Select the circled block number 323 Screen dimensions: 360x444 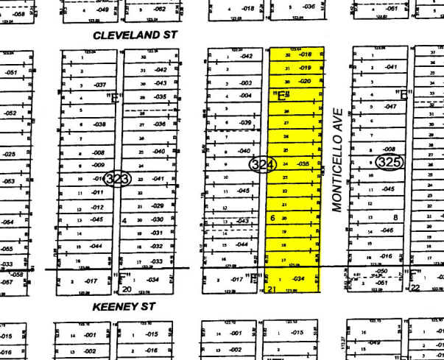coord(117,179)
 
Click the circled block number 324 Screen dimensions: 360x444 coord(262,164)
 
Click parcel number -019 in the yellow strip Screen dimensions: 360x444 coord(306,68)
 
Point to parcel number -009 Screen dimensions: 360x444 coord(98,165)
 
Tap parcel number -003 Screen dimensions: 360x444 coord(245,83)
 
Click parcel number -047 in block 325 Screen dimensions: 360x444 coord(390,107)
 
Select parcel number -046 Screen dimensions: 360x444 coord(386,230)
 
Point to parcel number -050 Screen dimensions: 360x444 coord(382,272)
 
